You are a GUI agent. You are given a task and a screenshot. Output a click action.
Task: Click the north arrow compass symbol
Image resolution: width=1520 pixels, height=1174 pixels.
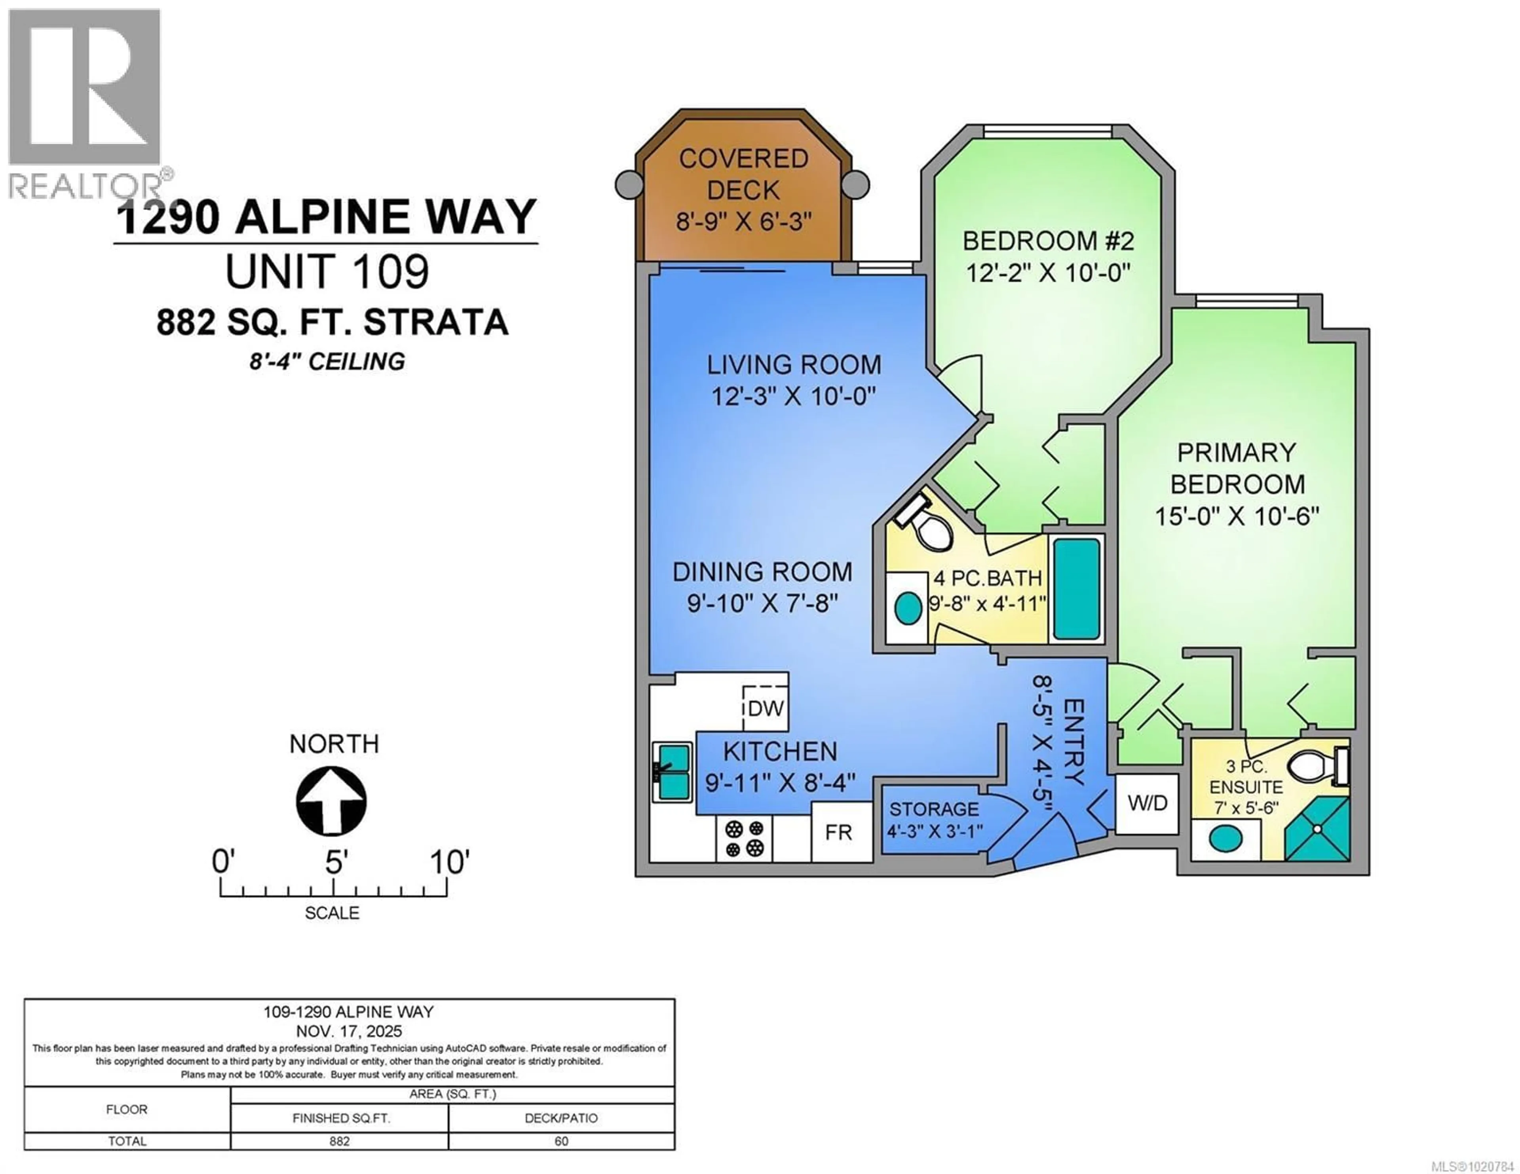pos(331,801)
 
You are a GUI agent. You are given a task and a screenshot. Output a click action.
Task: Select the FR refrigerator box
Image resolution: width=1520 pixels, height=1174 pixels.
pos(839,832)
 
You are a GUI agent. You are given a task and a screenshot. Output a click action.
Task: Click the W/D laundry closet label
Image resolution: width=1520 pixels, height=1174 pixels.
pos(1147,803)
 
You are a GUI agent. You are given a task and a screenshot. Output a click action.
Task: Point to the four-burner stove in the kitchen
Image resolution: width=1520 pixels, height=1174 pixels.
pos(744,838)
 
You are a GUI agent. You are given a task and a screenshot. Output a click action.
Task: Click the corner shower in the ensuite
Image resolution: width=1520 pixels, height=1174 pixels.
pos(1317,829)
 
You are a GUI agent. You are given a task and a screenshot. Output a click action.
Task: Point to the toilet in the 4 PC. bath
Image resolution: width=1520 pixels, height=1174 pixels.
pos(928,527)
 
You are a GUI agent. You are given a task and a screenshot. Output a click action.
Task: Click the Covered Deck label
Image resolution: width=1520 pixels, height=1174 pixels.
pos(743,174)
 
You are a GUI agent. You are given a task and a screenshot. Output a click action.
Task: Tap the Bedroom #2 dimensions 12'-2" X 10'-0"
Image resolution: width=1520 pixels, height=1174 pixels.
pos(1047,272)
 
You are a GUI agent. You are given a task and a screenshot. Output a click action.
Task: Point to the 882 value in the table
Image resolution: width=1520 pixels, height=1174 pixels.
pos(340,1141)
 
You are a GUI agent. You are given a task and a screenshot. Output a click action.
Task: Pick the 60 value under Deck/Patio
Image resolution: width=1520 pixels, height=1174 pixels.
pos(561,1141)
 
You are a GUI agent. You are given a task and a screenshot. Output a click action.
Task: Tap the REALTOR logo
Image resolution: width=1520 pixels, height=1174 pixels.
pos(85,103)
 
